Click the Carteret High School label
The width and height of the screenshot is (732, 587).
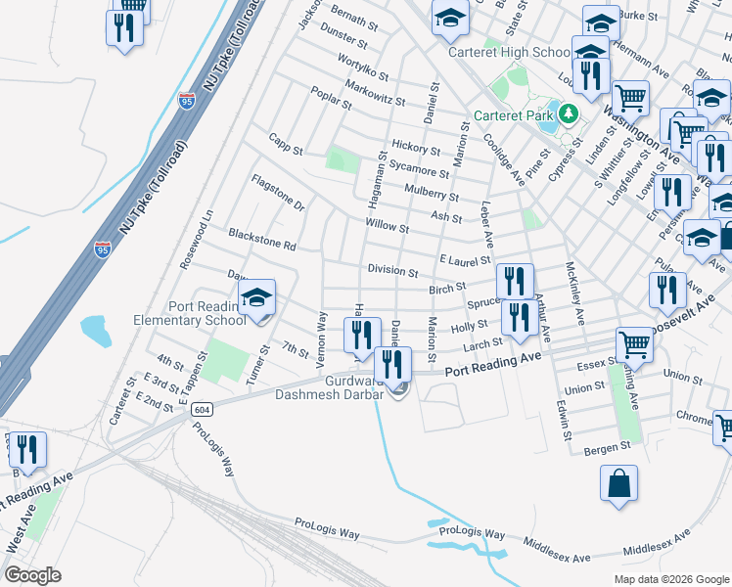[509, 52]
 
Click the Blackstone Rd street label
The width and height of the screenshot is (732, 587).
[261, 238]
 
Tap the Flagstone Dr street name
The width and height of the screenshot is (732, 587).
[278, 193]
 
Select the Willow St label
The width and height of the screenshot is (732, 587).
[387, 227]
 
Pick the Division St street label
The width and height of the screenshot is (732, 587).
[393, 270]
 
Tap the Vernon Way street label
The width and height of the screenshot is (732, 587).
[320, 335]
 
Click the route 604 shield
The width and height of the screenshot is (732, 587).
[202, 408]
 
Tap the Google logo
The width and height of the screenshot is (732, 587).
[32, 575]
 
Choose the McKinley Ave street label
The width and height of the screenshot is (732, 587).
[573, 293]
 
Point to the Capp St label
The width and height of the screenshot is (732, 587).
[286, 150]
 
